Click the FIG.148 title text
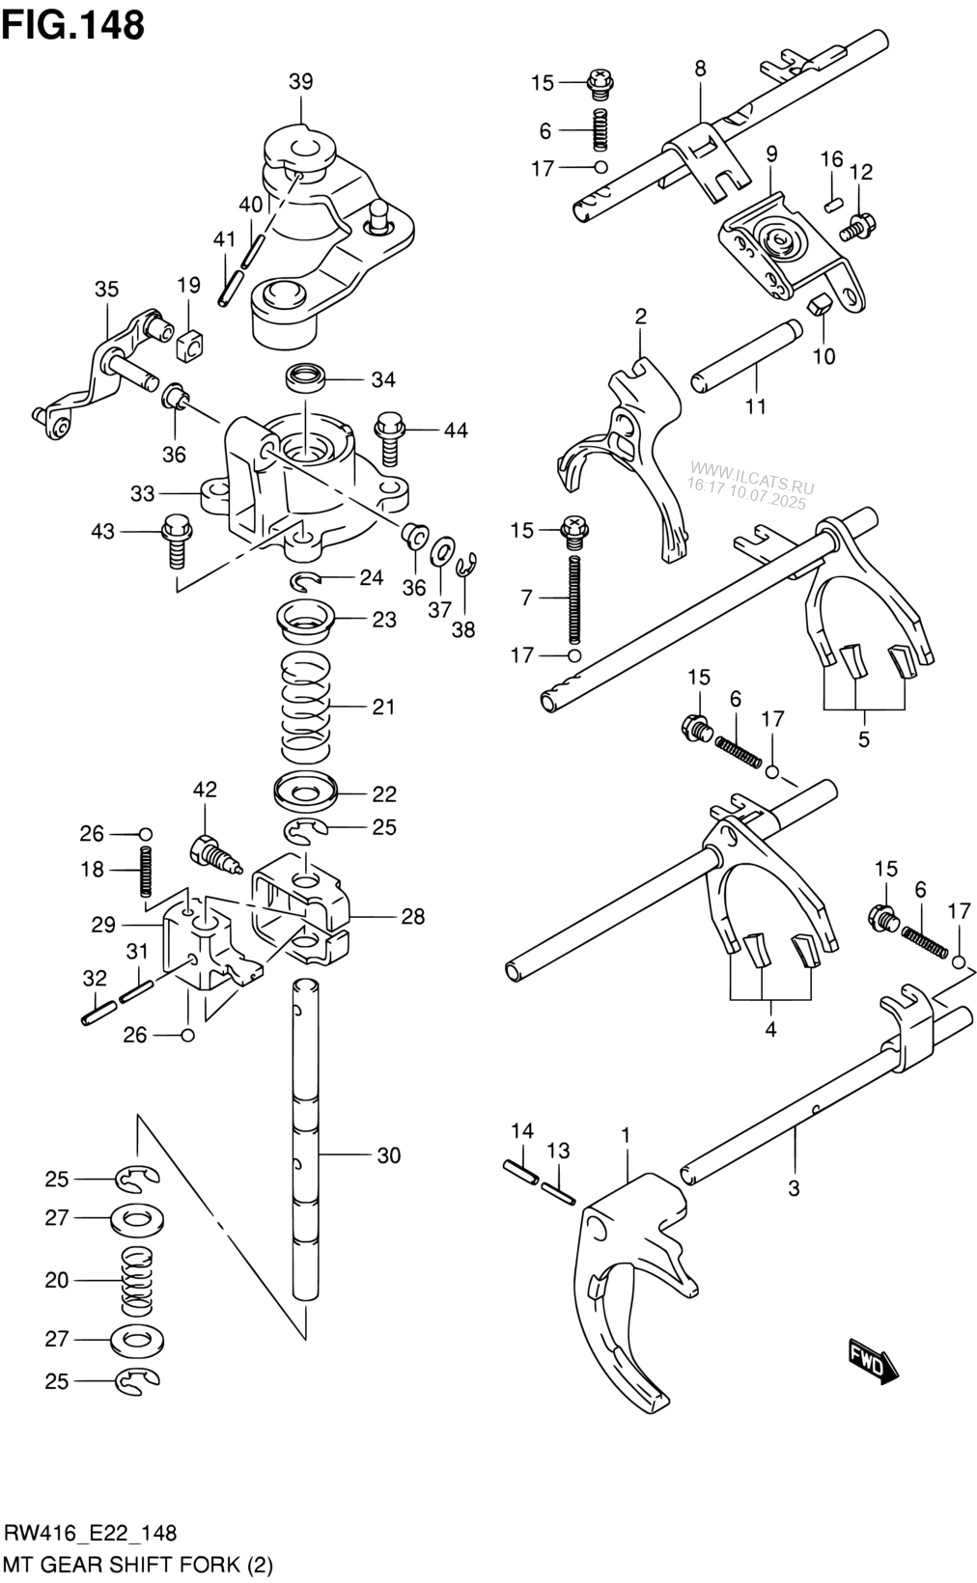click(73, 25)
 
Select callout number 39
click(300, 81)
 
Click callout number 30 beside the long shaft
click(389, 1155)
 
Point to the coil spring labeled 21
click(306, 706)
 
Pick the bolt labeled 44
click(388, 439)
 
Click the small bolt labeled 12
click(858, 228)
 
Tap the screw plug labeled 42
click(215, 856)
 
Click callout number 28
click(413, 917)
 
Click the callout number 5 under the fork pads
click(864, 740)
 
